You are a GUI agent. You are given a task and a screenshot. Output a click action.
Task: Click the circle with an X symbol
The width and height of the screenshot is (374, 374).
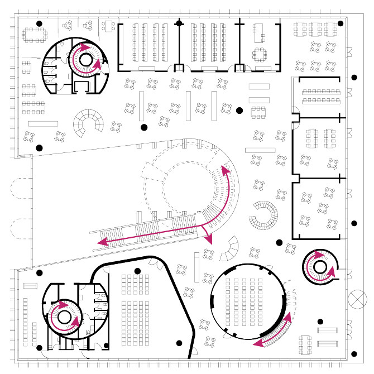click(x=355, y=299)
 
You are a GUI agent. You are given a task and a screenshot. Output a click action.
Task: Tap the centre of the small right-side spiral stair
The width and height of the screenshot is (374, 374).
click(x=319, y=266)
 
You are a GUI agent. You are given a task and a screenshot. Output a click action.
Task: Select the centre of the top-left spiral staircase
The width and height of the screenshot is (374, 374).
click(x=85, y=59)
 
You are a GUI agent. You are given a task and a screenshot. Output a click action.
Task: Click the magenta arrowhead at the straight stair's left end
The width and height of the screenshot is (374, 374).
click(x=102, y=243)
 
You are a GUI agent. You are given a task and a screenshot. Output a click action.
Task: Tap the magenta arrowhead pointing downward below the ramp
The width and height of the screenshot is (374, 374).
click(x=210, y=239)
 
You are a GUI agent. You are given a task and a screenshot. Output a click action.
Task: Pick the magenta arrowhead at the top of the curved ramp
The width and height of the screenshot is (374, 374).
click(x=225, y=167)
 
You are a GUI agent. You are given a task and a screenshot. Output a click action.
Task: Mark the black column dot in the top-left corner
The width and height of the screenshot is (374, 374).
click(x=39, y=23)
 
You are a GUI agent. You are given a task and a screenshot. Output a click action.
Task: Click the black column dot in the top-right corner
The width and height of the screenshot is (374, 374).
click(x=341, y=23)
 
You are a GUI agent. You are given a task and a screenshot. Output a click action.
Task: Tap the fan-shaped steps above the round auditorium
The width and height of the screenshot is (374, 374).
click(x=229, y=250)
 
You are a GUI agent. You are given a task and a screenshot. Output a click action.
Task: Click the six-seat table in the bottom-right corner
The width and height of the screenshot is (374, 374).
click(x=306, y=344)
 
